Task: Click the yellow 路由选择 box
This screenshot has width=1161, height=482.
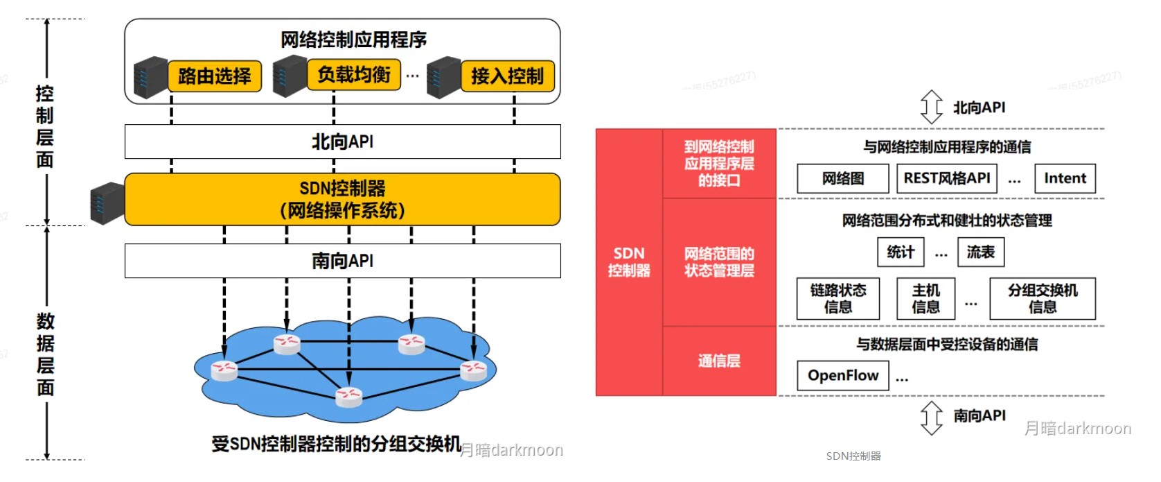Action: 215,76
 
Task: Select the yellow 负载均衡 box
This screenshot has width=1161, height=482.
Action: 354,74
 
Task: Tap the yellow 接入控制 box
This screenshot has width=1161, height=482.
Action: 508,76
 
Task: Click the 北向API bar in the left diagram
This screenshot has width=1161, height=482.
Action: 342,141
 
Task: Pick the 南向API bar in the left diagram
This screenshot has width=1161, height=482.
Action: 342,261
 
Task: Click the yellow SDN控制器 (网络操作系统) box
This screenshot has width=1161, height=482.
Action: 342,199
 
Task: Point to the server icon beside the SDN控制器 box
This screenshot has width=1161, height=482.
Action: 107,203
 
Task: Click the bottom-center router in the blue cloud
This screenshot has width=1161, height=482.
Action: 348,396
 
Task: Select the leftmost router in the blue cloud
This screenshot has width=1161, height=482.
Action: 224,370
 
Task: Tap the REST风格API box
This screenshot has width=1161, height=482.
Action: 947,178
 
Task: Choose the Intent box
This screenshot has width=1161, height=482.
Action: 1065,178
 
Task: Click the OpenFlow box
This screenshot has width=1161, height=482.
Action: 842,375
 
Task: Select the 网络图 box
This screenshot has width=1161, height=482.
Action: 842,178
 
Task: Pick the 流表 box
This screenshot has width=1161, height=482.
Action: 980,252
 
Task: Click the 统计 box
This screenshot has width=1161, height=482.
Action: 901,252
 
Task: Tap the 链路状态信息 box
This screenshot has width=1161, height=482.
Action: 837,299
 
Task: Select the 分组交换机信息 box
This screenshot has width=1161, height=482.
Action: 1043,299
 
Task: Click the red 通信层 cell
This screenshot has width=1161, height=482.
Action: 719,361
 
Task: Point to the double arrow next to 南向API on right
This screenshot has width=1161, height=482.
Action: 931,418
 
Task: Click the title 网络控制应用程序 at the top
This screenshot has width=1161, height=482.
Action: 353,40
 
